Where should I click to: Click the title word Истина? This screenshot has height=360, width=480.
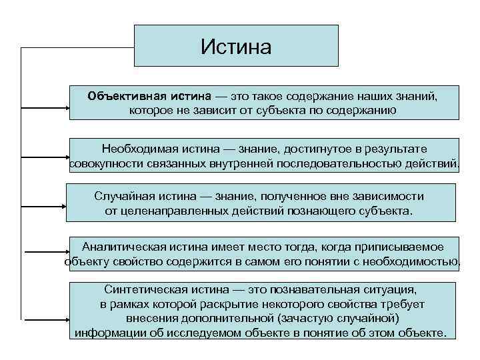pos(236,47)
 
